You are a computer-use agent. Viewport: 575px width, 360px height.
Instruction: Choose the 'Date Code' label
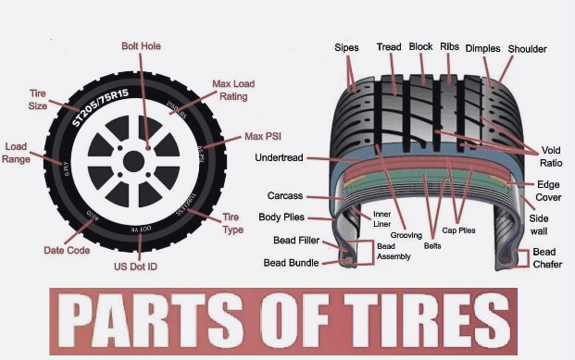66,250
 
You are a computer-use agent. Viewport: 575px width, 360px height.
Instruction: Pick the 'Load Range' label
16,153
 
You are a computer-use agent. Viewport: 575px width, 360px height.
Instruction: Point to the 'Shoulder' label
527,48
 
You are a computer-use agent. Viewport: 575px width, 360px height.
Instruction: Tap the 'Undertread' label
281,157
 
